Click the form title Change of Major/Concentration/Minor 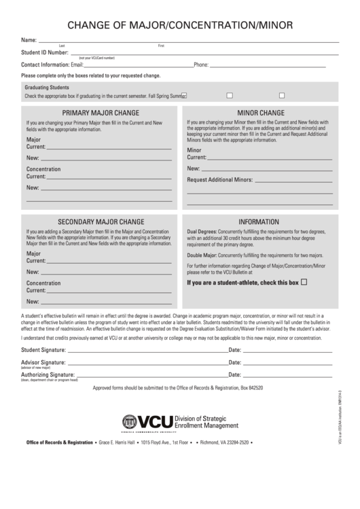click(x=180, y=26)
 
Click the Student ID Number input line click(x=204, y=52)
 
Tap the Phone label click(x=201, y=65)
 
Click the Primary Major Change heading click(x=101, y=113)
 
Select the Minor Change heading click(x=260, y=112)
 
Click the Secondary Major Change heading click(x=101, y=222)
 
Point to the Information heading click(x=259, y=222)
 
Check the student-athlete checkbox click(x=304, y=281)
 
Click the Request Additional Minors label click(x=219, y=180)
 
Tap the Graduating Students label click(x=47, y=88)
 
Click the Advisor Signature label click(x=43, y=362)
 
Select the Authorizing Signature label click(x=48, y=374)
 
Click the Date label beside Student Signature click(x=235, y=350)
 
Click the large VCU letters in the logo click(x=155, y=423)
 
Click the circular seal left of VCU click(x=129, y=422)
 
